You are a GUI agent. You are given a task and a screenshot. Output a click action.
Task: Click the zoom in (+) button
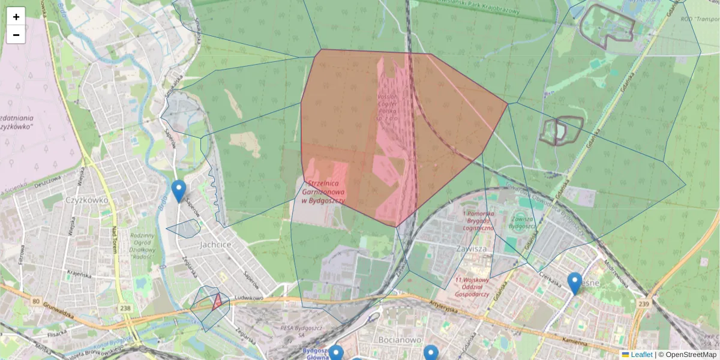tap(16, 17)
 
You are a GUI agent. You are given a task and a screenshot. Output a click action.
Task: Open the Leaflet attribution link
tap(641, 355)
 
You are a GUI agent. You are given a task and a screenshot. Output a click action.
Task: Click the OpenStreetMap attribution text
tap(691, 355)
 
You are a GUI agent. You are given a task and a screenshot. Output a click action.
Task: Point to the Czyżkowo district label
tap(87, 200)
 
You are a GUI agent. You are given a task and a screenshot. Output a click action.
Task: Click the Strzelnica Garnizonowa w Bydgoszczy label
tap(325, 191)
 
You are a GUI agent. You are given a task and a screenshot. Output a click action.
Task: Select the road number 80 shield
tap(36, 301)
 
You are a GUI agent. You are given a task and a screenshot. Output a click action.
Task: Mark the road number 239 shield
tap(644, 304)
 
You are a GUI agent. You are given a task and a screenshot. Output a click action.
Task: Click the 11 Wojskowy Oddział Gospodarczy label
tap(473, 287)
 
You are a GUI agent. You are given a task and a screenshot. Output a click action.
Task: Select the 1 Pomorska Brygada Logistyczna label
tap(478, 220)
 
